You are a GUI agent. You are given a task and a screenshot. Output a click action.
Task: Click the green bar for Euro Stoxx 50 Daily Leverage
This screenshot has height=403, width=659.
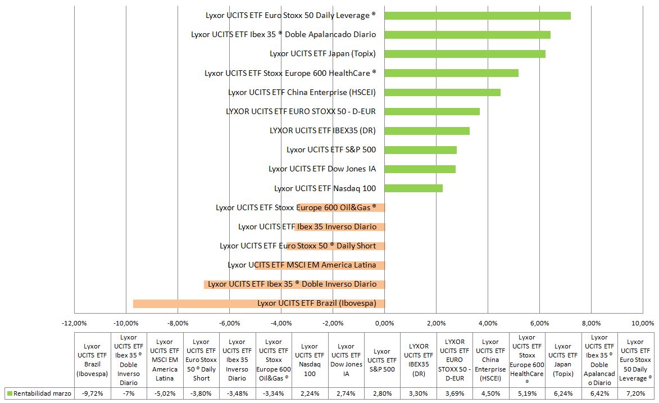478,16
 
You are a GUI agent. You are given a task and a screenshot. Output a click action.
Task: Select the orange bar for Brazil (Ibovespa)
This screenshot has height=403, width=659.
258,304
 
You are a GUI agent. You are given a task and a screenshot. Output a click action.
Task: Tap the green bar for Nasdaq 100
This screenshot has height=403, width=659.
413,188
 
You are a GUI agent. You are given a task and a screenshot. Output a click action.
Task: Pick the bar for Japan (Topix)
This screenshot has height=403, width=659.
465,54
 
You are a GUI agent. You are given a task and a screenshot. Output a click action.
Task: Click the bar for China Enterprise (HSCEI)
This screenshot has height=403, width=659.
442,92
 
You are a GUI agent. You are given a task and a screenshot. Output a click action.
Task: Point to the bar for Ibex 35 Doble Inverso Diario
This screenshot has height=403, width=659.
294,284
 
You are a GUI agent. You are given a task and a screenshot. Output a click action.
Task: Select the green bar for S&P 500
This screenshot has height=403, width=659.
420,150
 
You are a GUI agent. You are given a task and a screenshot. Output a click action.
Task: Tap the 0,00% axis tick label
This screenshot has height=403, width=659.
384,323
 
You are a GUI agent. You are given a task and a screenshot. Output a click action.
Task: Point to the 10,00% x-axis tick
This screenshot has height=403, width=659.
643,323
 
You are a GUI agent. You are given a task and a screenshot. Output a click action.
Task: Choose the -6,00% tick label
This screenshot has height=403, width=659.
229,323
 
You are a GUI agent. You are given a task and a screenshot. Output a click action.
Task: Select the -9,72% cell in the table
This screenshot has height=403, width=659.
92,393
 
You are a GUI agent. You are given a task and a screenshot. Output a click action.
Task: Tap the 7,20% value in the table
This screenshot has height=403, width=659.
635,393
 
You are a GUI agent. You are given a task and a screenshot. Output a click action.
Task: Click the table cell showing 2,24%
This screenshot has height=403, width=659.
310,393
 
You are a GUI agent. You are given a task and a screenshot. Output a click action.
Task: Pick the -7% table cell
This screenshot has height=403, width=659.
129,393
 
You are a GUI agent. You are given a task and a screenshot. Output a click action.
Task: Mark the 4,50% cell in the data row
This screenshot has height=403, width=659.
490,393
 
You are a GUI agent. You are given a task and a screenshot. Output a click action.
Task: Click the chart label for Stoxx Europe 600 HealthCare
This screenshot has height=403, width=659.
290,73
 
